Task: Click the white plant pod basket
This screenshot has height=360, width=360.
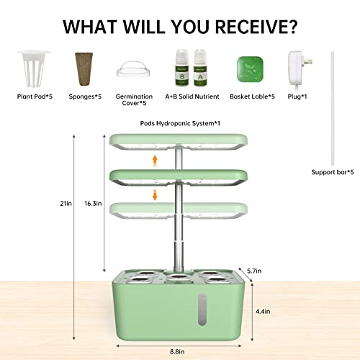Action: (x=34, y=69)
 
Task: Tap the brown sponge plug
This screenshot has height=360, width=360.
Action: (x=84, y=69)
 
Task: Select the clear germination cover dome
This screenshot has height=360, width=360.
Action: (x=134, y=69)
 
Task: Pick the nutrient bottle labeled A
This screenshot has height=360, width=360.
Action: (x=200, y=68)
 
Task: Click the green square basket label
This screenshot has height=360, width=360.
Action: (x=250, y=69)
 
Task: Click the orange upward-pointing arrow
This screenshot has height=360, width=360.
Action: (x=155, y=161)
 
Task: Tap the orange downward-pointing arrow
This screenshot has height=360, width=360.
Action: (x=155, y=195)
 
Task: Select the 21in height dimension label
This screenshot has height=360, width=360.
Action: (x=66, y=204)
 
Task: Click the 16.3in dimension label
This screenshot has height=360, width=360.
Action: (x=93, y=204)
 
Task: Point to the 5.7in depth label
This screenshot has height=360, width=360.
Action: (x=254, y=271)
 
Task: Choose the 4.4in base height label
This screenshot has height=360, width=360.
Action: (x=263, y=312)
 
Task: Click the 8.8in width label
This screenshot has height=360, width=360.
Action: (x=177, y=352)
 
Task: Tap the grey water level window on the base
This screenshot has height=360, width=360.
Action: (x=202, y=310)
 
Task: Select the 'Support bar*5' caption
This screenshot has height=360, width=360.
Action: (x=333, y=172)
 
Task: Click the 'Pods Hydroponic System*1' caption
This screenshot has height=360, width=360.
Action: (x=180, y=123)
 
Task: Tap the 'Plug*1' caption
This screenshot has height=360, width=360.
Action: (x=297, y=96)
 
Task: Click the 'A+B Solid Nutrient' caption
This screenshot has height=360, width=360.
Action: (x=192, y=96)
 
